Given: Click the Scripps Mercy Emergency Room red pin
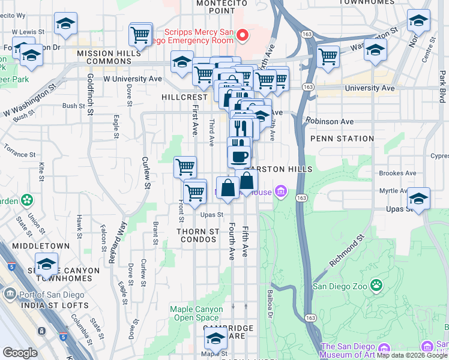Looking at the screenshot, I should [243, 35].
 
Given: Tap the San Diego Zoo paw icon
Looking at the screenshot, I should [376, 283].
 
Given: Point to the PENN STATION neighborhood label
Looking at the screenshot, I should [342, 139].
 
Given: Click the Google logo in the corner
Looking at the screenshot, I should [19, 353].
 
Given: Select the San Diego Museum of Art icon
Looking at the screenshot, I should [427, 347].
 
